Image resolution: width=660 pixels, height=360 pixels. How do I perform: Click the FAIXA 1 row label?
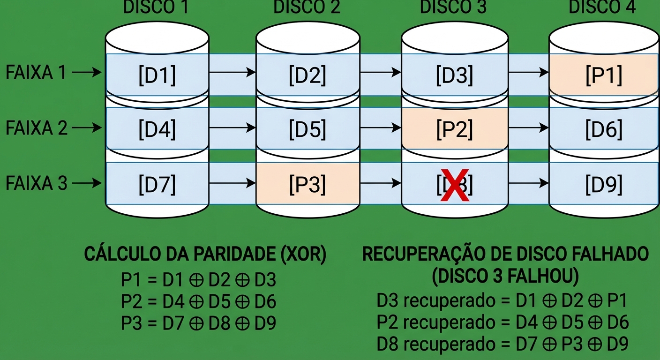coord(36,73)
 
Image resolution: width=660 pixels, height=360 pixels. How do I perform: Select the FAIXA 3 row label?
coord(36,183)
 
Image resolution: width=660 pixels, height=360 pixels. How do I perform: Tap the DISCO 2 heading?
coord(307,8)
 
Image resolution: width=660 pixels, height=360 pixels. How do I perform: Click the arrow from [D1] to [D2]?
coord(232,72)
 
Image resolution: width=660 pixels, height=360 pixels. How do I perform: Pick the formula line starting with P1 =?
coord(199,280)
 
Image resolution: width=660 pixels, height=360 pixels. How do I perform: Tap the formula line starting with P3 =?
coord(199,323)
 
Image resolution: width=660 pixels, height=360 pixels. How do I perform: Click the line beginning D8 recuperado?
coord(502,345)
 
